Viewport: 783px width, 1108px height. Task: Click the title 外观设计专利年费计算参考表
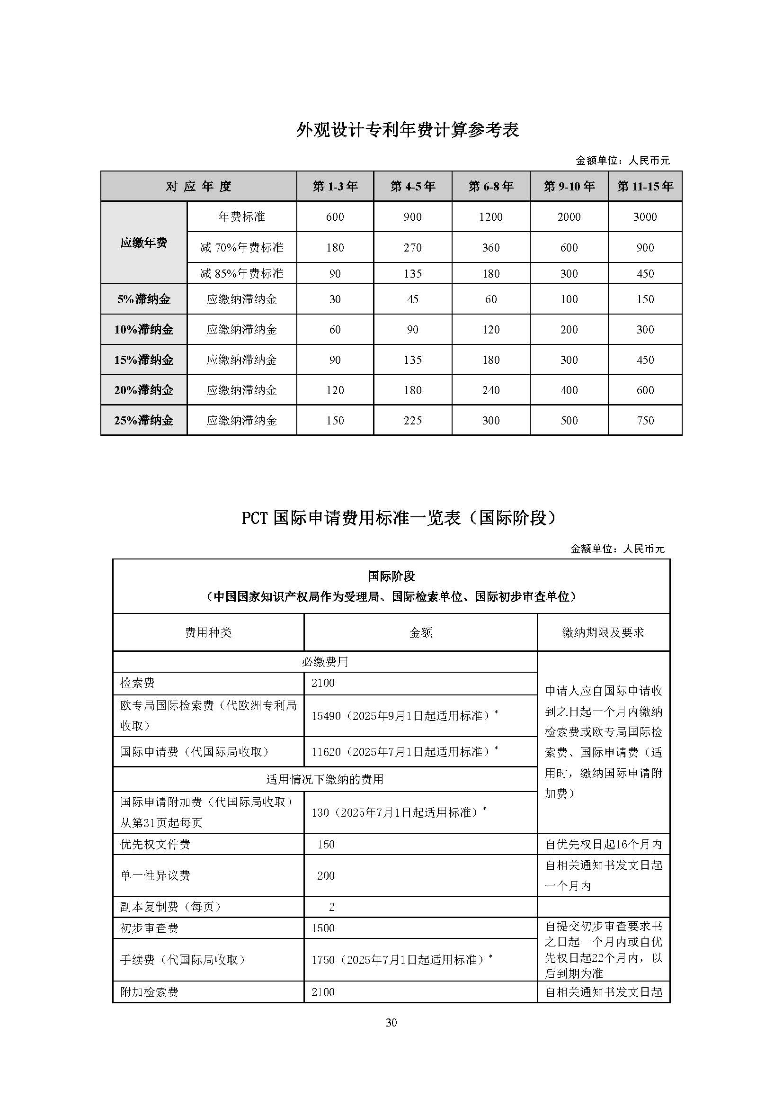point(408,130)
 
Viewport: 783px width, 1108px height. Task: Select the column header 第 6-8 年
point(491,186)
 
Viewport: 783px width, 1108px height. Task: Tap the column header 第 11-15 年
point(645,186)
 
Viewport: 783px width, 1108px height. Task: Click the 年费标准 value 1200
point(491,217)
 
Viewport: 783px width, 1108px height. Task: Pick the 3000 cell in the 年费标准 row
point(645,217)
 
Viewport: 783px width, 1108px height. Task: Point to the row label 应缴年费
point(144,243)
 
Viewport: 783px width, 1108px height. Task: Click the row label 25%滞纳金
point(144,420)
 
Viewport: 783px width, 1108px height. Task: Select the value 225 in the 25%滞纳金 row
point(413,420)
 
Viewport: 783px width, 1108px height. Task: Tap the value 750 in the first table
point(645,420)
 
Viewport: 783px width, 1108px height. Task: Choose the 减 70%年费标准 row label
point(241,248)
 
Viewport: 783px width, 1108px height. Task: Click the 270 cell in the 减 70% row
point(413,248)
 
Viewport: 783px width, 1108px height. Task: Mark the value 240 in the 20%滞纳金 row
point(491,390)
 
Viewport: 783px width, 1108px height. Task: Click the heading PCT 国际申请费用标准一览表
point(399,518)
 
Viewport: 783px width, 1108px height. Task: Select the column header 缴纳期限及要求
point(603,633)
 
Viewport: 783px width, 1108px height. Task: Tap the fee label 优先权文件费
point(155,845)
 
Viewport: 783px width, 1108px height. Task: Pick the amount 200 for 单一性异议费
point(326,876)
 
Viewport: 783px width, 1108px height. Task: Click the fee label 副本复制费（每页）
point(171,907)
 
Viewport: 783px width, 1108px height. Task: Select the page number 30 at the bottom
point(391,1022)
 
